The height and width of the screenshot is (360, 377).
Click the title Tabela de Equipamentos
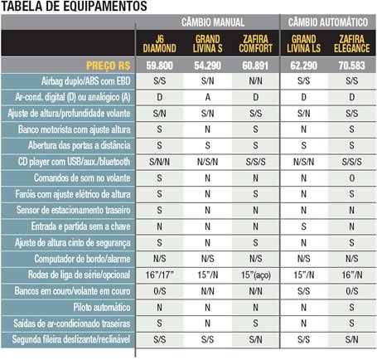(74, 6)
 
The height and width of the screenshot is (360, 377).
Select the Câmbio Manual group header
(213, 22)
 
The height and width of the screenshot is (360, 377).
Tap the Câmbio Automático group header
(328, 22)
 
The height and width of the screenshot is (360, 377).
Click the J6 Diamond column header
(159, 44)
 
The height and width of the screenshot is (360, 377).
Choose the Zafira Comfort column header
(255, 44)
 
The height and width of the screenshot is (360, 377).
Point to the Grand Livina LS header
(303, 44)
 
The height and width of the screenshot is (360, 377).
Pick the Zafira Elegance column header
(351, 44)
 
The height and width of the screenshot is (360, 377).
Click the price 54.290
(207, 66)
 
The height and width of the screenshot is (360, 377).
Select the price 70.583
(351, 66)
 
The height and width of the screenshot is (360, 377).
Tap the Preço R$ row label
(108, 66)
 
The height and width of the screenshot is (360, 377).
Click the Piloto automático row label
(102, 307)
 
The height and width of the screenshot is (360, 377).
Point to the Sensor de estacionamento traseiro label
(73, 210)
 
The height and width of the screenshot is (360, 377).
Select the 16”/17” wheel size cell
(159, 275)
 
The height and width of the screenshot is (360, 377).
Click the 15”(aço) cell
(256, 275)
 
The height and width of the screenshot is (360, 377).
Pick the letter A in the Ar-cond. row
(208, 97)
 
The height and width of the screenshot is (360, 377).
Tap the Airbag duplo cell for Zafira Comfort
(255, 81)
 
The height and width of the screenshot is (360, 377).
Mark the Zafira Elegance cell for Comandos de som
(352, 178)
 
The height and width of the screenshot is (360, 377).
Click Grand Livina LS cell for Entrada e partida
(303, 226)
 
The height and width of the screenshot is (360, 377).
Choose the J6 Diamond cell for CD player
(159, 162)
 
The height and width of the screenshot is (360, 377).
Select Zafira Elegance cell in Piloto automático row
(351, 307)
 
